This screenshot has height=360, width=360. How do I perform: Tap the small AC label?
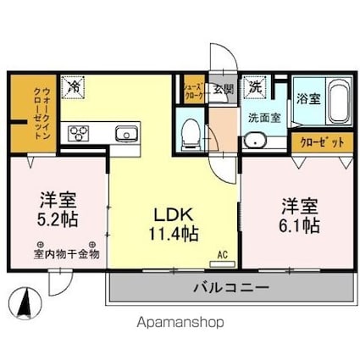coord(223,253)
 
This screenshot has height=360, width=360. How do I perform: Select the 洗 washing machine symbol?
coord(254,86)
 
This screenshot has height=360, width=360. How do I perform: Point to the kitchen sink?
coord(125,132)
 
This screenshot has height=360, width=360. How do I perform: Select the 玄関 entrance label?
coord(222,86)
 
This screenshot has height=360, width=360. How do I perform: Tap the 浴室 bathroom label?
coord(307,98)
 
